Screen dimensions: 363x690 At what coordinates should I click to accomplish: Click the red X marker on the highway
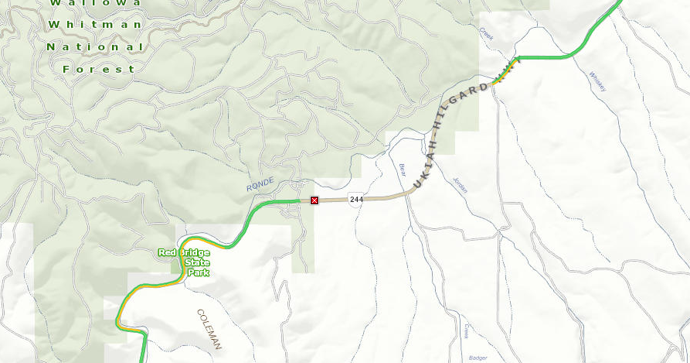click(x=314, y=201)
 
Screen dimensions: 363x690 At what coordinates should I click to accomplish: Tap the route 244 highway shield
click(x=356, y=199)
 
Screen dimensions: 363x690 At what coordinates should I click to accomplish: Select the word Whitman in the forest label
click(x=95, y=25)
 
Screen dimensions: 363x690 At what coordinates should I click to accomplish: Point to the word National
click(x=95, y=47)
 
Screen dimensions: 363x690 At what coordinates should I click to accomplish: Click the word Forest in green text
click(x=99, y=69)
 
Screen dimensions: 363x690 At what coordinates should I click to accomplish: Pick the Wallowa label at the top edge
click(x=96, y=3)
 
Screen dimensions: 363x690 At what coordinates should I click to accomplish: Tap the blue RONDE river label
click(x=260, y=185)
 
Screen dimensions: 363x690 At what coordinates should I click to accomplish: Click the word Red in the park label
click(x=167, y=253)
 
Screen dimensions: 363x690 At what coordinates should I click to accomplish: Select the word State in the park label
click(x=197, y=262)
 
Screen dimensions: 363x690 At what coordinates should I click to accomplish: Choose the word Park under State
click(x=197, y=272)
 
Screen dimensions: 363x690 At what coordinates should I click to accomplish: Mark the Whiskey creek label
click(x=598, y=81)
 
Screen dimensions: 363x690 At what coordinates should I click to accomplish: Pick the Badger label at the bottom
click(x=478, y=358)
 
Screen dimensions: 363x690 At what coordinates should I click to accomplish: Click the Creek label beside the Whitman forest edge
click(x=486, y=34)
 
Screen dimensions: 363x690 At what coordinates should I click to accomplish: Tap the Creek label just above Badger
click(x=467, y=330)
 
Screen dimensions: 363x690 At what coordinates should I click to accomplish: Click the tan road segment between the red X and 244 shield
click(x=334, y=200)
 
